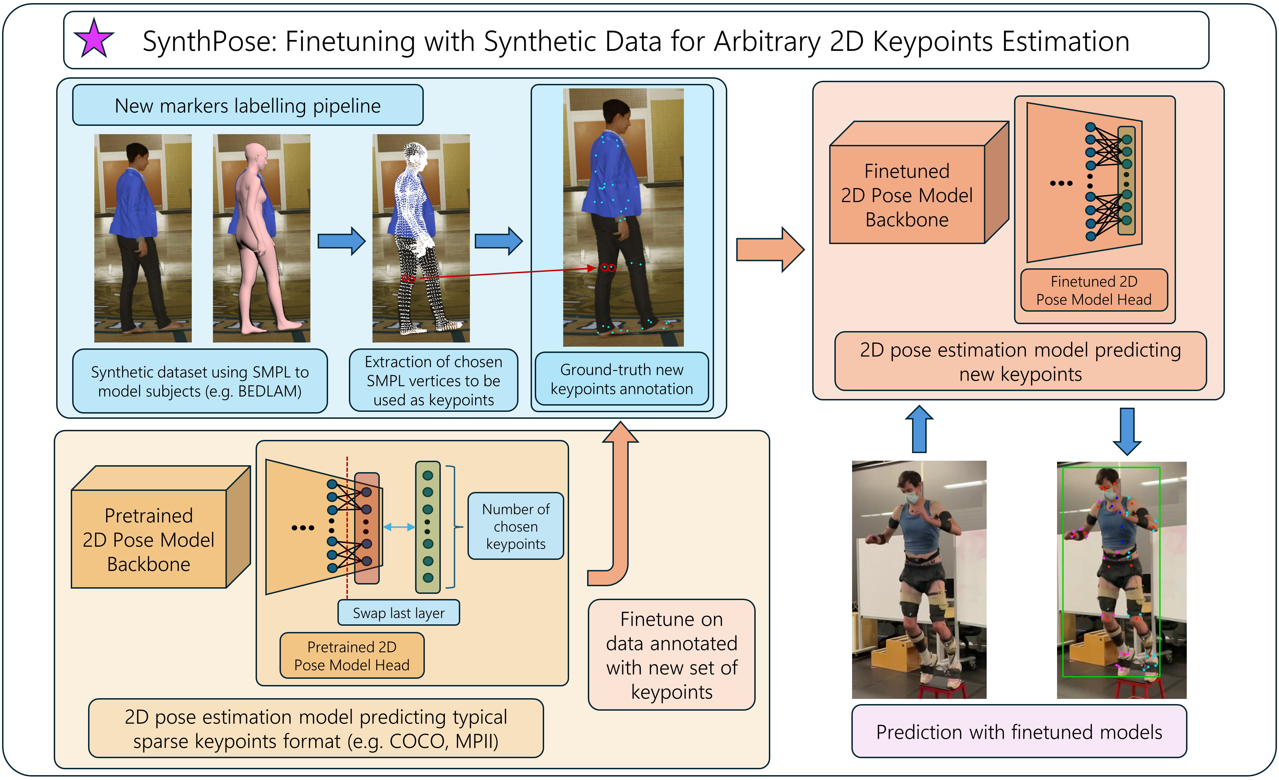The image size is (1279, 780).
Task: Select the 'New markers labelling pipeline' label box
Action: pyautogui.click(x=248, y=105)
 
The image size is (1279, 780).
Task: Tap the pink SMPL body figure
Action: pyautogui.click(x=257, y=234)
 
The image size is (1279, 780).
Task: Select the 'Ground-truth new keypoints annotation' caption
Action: pyautogui.click(x=621, y=379)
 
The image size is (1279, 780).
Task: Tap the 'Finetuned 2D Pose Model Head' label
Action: pyautogui.click(x=1094, y=290)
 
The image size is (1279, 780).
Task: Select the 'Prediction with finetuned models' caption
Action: pyautogui.click(x=1019, y=732)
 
